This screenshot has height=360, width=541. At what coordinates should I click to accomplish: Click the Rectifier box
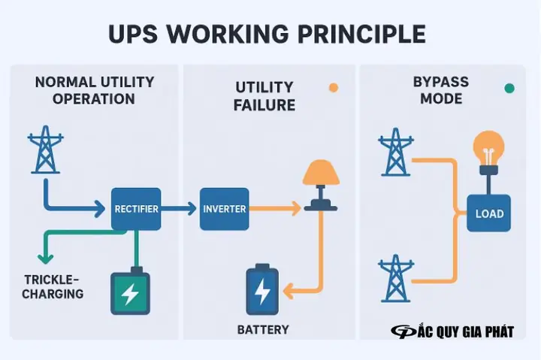tap(135, 208)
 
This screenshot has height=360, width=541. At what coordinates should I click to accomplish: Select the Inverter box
tap(224, 208)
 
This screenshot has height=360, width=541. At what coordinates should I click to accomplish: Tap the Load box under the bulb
tap(489, 213)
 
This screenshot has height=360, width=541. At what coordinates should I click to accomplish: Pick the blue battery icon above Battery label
tap(262, 289)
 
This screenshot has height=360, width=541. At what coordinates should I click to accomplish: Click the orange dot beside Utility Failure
tap(334, 88)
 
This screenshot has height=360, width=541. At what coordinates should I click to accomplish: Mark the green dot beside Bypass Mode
tap(509, 88)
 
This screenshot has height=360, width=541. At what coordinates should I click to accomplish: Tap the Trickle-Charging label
tap(53, 286)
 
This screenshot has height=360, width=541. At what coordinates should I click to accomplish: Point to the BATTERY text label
tap(262, 329)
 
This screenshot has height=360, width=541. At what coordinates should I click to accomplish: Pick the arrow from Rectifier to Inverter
tap(180, 208)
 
